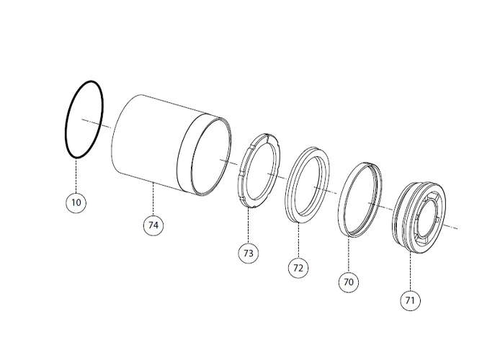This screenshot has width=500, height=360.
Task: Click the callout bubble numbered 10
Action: pos(76,202)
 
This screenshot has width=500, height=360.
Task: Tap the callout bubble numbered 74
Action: pos(153,225)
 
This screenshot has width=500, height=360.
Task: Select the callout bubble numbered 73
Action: pos(248,253)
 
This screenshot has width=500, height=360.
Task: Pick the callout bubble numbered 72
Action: pos(298,268)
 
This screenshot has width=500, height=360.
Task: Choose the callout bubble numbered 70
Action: pos(349,282)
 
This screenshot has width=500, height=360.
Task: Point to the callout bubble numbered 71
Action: pos(410,300)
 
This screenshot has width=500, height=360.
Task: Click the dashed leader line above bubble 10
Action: pos(76,175)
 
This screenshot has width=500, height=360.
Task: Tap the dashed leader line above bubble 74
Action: pos(153,198)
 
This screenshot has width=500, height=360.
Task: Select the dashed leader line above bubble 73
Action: pos(248,225)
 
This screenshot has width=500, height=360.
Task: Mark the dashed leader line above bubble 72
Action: pos(298,240)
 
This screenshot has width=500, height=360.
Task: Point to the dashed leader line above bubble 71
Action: pos(410,271)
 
